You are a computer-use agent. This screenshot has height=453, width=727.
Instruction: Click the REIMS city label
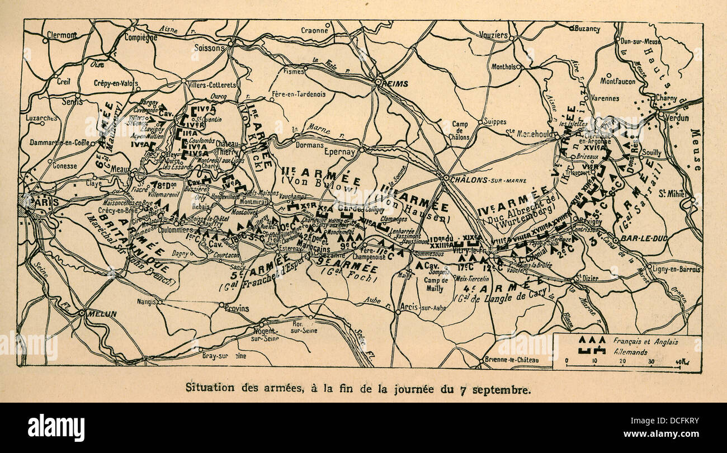396,83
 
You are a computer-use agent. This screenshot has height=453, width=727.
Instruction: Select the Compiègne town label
140,38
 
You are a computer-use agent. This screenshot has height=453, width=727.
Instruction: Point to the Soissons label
209,48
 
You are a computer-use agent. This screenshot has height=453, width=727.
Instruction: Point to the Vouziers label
494,35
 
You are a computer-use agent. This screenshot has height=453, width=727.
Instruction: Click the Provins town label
237,308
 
